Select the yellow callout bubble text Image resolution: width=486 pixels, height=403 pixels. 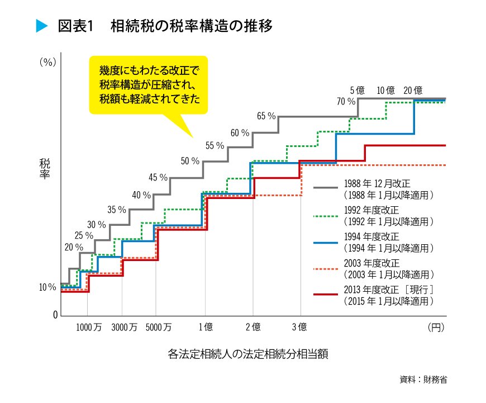tap(149, 84)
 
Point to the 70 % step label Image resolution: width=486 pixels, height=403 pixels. tap(346, 102)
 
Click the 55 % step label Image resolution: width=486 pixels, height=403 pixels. tap(215, 146)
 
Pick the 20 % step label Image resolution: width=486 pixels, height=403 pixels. tap(74, 247)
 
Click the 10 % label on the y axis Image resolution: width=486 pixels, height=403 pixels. tap(47, 288)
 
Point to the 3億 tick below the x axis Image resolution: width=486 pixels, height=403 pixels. tap(300, 328)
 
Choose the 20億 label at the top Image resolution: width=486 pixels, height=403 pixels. tap(412, 91)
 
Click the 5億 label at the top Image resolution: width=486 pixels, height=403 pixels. tap(358, 91)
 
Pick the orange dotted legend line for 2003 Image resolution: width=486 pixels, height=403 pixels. tap(326, 269)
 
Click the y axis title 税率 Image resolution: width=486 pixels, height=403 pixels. tap(45, 169)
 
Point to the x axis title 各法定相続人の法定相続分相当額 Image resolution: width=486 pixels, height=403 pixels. tap(244, 354)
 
